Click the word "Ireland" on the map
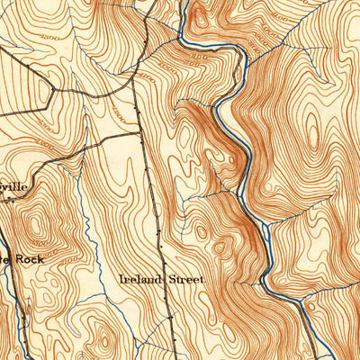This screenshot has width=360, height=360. coord(140,280)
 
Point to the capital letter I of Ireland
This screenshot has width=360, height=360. coord(122,280)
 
